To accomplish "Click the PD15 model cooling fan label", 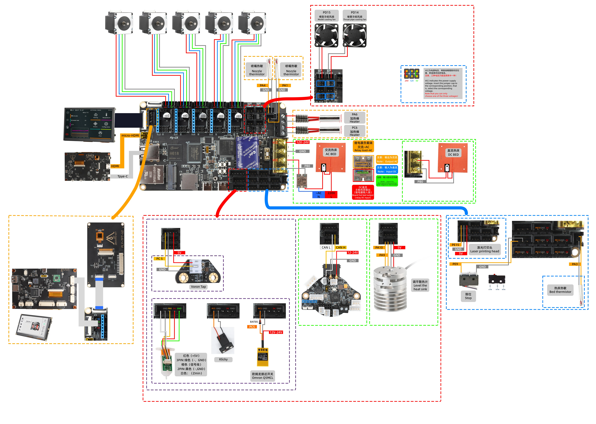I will click(326, 16).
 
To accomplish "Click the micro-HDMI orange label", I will click(130, 135).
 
